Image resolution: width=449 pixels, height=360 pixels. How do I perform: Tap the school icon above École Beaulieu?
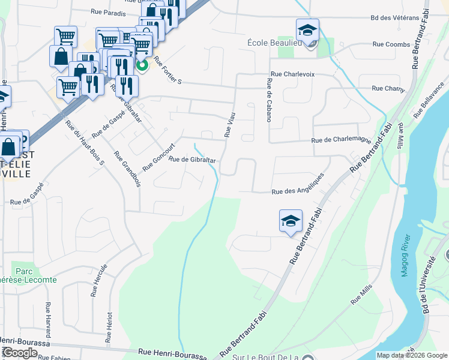click(307, 30)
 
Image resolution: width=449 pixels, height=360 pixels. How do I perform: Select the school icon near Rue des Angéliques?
click(291, 221)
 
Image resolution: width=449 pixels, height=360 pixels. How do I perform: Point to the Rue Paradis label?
click(108, 13)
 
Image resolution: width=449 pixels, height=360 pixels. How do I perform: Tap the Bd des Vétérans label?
click(394, 18)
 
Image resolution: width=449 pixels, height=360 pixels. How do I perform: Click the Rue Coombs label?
click(391, 44)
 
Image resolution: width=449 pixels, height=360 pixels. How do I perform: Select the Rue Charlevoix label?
click(292, 74)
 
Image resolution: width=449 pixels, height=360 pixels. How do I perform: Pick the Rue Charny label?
click(388, 89)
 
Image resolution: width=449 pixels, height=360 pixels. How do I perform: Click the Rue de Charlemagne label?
click(341, 140)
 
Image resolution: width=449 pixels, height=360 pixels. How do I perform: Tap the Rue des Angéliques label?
click(298, 184)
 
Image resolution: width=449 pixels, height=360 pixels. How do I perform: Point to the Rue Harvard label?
click(47, 319)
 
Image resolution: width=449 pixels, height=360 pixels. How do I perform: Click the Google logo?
click(20, 353)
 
